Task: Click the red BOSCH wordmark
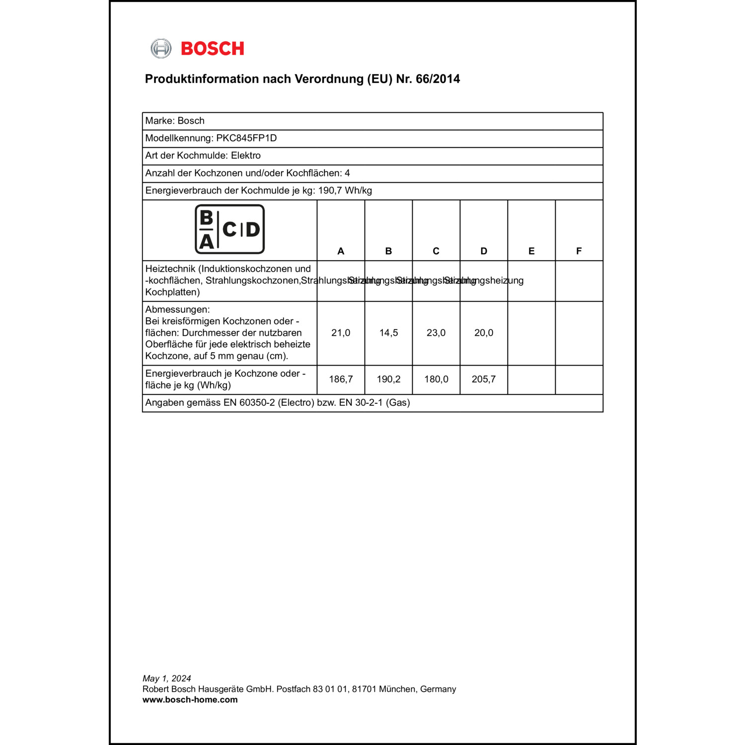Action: [213, 49]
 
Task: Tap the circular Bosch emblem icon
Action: [161, 49]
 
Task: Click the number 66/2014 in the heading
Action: [438, 79]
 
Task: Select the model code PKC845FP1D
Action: [246, 138]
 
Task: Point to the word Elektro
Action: [246, 155]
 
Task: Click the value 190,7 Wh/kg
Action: [345, 190]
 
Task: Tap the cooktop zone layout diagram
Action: [229, 229]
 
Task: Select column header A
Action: [341, 251]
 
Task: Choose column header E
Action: [531, 251]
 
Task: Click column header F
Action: [579, 251]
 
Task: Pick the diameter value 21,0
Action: [341, 333]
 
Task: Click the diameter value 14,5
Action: [388, 333]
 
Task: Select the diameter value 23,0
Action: [436, 333]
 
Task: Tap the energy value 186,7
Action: [341, 379]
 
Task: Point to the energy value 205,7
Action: [484, 379]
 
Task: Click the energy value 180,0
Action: [436, 379]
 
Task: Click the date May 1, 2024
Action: [167, 678]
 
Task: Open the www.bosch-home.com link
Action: [190, 700]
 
